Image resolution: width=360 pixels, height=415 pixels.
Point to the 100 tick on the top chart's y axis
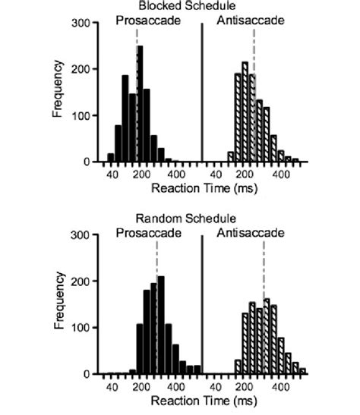(78, 116)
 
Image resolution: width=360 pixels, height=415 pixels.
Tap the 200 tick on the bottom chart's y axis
(78, 281)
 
